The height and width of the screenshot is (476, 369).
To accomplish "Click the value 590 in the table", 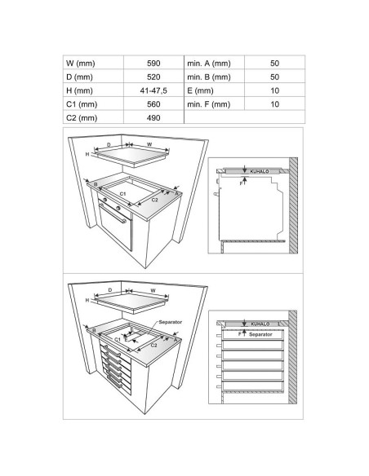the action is tap(153, 63).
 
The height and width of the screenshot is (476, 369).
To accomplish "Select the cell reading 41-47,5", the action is tap(153, 90).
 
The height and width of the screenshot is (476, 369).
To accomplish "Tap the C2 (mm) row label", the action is tap(82, 118).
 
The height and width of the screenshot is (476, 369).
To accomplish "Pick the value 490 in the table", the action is tap(153, 118).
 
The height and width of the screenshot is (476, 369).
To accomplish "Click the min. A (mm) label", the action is tap(209, 63).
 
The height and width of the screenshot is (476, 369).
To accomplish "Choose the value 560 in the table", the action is tap(153, 104).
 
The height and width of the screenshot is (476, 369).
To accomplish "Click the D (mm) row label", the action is tap(79, 77).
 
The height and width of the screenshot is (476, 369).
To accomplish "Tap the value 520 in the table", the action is tap(153, 77).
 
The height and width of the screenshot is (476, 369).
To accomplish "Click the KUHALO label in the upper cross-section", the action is tap(260, 171).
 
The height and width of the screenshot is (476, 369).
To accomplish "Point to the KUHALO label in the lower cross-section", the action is tap(260, 324).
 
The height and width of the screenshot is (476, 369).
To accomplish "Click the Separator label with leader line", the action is tap(171, 322).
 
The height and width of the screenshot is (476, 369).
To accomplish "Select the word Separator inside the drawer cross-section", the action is tap(260, 334).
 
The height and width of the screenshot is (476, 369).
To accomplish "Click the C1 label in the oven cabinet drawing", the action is tap(122, 194).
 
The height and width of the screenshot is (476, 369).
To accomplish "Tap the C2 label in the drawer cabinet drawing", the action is tap(153, 345).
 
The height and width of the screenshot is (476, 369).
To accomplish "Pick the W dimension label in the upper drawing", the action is tap(149, 144).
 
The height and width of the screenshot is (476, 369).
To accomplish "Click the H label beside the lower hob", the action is tap(87, 300).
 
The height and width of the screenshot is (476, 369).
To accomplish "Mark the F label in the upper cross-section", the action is tap(241, 183).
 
